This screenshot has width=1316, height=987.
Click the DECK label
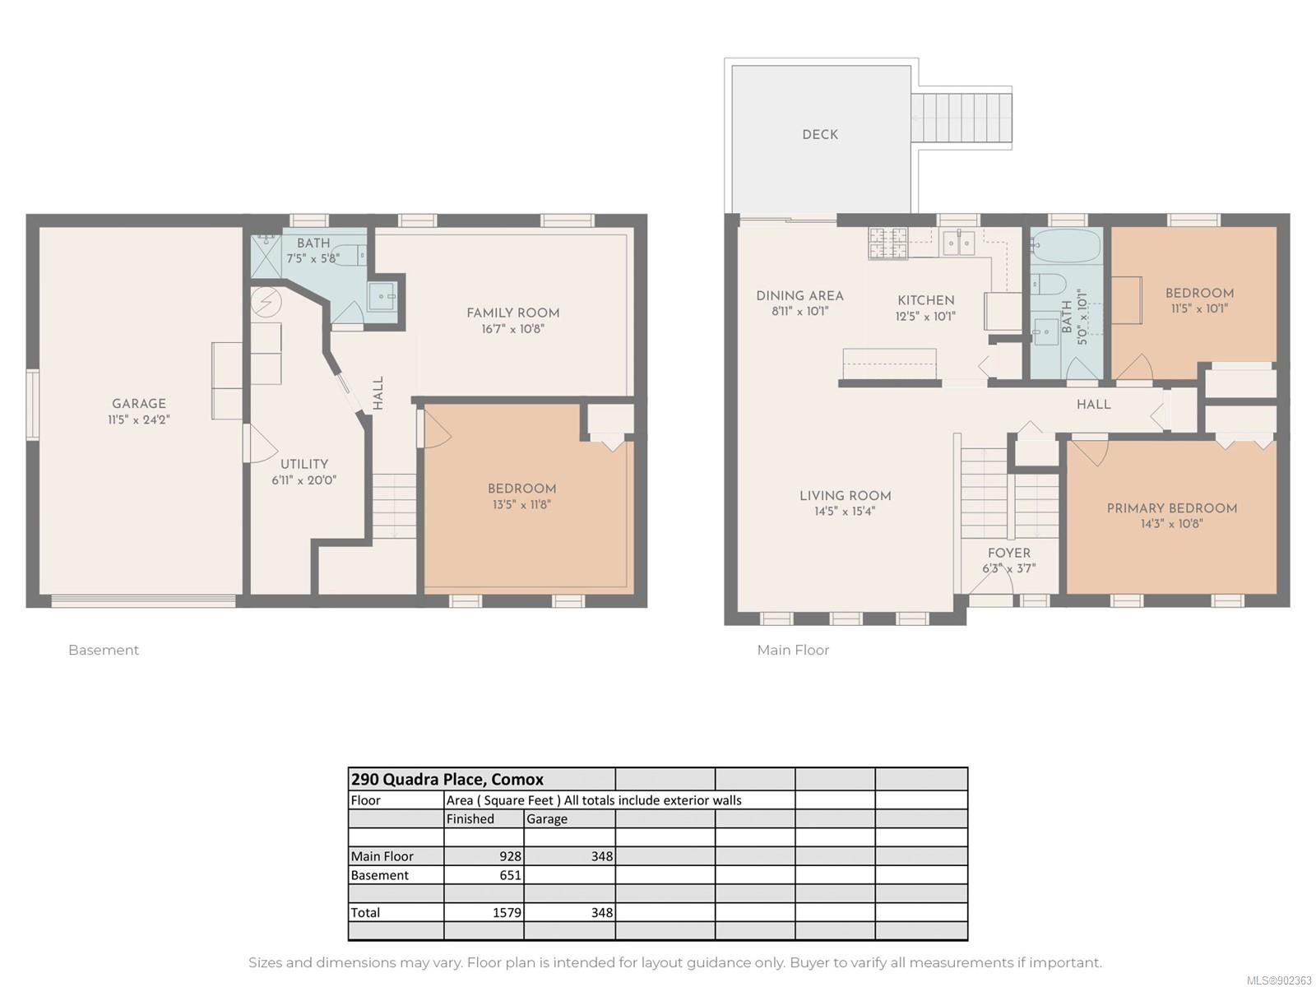tap(819, 135)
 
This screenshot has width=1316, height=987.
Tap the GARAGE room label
tap(138, 403)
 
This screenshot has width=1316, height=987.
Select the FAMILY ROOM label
tap(512, 313)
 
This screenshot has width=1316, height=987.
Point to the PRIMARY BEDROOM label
tap(1171, 508)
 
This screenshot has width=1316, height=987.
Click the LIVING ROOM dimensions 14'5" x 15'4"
tap(845, 511)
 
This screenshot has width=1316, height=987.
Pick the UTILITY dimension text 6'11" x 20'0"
tap(304, 480)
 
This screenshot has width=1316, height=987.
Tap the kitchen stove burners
tap(888, 243)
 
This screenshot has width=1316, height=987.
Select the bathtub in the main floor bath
tap(1067, 246)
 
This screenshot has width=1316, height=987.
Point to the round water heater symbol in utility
tap(266, 301)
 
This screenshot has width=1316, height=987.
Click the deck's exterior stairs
tap(961, 118)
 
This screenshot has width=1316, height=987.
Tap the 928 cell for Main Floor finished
tap(484, 855)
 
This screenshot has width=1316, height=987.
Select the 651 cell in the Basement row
tap(484, 875)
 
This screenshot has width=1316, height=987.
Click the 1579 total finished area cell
tap(484, 912)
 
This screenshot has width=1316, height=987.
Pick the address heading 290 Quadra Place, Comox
tap(447, 779)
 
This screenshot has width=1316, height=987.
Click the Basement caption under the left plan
tap(104, 651)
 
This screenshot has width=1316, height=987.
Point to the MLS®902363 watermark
tap(1280, 980)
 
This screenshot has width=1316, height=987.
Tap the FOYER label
tap(1009, 553)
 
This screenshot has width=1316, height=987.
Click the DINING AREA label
tap(799, 295)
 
